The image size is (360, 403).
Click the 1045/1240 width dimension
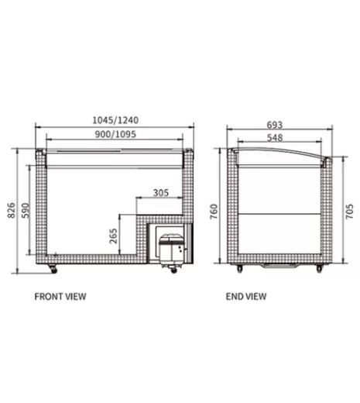click(115, 120)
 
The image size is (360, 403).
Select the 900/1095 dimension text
click(115, 134)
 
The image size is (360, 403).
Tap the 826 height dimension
click(11, 211)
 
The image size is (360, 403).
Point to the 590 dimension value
click(26, 211)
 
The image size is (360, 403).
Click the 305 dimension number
click(161, 193)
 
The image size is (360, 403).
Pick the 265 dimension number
click(113, 236)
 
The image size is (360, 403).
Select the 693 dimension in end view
click(275, 125)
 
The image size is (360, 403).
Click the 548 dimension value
click(275, 138)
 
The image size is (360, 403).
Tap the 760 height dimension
click(214, 212)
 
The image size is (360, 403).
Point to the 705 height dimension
click(349, 212)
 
